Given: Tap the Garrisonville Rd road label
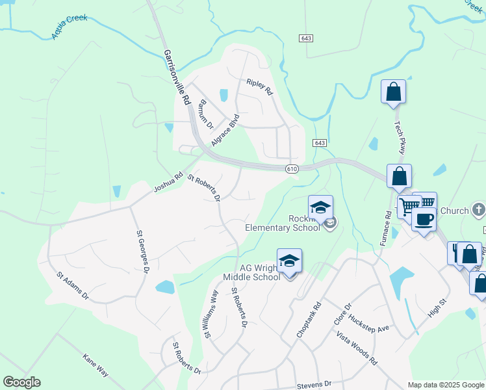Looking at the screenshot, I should pyautogui.click(x=176, y=77).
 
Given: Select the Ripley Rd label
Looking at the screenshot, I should pyautogui.click(x=259, y=87).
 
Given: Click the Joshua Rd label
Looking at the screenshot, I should pyautogui.click(x=168, y=183).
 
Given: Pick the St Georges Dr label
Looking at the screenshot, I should pyautogui.click(x=142, y=251).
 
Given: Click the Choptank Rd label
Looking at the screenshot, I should pyautogui.click(x=309, y=318).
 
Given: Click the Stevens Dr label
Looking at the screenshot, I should pyautogui.click(x=314, y=384).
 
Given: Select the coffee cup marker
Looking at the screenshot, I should pyautogui.click(x=424, y=219).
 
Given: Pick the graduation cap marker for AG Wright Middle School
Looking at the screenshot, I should pyautogui.click(x=289, y=261).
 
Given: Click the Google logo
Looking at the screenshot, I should pyautogui.click(x=21, y=382).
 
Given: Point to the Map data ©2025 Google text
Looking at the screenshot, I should pyautogui.click(x=446, y=385).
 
